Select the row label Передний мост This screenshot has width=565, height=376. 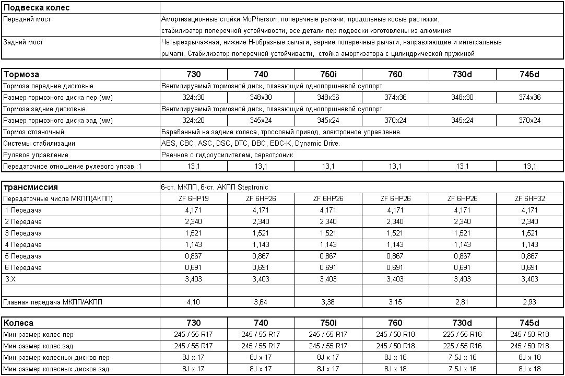point(27,19)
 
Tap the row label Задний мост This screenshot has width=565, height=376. point(23,42)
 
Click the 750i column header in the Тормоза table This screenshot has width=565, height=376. point(328,74)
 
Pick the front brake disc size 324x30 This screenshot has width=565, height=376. point(193,98)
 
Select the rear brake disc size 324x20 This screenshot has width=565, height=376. point(193,121)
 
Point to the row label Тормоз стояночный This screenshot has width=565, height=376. point(33,132)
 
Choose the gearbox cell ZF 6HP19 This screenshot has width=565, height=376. point(193,199)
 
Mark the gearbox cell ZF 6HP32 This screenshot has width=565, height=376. point(529,199)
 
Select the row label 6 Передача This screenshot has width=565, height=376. point(23,268)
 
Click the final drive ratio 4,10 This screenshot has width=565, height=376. point(193,302)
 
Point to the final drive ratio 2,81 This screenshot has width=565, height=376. point(462,302)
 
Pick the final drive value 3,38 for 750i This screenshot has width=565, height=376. point(328,302)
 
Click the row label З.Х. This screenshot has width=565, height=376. point(11,279)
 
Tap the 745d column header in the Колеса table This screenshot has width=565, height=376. point(529,323)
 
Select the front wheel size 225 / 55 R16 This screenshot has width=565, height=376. point(462,334)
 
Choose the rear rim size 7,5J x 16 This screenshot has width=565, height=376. point(462,369)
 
